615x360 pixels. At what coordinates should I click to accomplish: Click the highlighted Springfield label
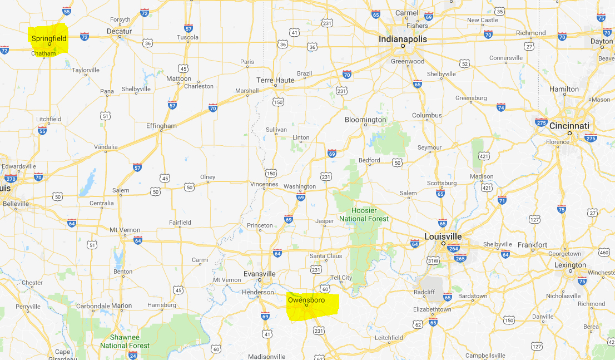(49, 38)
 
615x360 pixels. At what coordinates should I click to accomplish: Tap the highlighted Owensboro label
(306, 300)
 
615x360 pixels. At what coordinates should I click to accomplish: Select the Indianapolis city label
(403, 39)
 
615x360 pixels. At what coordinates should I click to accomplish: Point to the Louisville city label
(443, 236)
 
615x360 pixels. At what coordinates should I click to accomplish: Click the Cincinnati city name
(569, 126)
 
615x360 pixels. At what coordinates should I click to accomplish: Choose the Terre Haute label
(275, 80)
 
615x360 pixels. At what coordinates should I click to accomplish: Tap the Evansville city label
(260, 274)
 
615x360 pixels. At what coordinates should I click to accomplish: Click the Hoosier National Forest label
(364, 214)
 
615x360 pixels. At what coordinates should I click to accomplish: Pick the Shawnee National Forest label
(125, 341)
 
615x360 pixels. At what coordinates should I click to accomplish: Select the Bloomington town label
(365, 120)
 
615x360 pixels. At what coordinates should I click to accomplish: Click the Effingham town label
(161, 126)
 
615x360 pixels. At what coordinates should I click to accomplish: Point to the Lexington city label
(570, 265)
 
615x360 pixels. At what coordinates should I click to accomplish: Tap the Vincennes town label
(264, 184)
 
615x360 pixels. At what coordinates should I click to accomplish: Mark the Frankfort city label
(532, 245)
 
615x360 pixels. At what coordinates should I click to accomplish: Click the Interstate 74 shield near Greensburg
(501, 107)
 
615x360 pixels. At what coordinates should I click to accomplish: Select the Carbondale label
(92, 305)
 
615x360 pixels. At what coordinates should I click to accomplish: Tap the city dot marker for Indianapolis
(403, 46)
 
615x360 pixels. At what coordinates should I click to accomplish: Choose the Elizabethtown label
(432, 309)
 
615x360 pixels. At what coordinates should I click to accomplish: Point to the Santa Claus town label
(326, 256)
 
